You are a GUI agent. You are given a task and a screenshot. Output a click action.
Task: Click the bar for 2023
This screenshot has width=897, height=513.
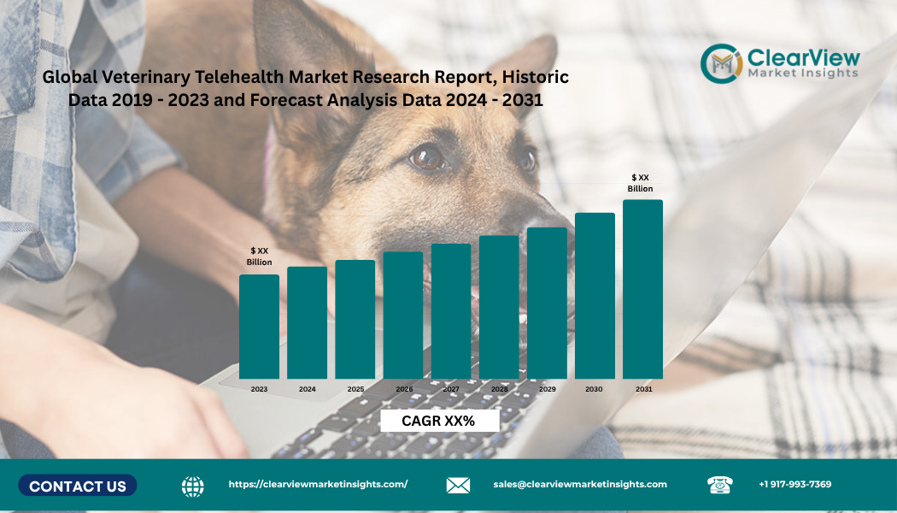(x=259, y=327)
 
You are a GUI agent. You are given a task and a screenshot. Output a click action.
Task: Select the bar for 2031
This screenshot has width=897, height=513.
(x=642, y=289)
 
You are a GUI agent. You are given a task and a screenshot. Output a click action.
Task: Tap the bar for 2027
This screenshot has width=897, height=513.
(x=451, y=311)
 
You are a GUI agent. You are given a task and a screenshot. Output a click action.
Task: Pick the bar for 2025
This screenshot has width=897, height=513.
(x=355, y=319)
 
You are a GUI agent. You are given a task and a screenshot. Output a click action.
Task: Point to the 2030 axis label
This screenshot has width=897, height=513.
(x=594, y=389)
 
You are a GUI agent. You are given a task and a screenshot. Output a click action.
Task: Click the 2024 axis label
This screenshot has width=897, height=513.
(x=307, y=389)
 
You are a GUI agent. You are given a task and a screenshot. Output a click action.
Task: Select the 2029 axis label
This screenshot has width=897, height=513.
(x=547, y=389)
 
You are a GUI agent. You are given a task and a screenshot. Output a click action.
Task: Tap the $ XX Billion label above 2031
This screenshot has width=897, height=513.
(x=641, y=183)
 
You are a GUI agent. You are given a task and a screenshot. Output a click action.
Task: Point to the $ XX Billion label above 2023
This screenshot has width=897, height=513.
(x=259, y=256)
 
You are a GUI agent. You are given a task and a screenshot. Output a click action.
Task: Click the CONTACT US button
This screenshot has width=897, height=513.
(x=78, y=486)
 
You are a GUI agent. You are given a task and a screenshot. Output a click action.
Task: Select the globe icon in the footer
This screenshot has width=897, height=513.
(x=193, y=486)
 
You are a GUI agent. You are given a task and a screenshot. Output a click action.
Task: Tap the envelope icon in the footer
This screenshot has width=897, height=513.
(x=458, y=486)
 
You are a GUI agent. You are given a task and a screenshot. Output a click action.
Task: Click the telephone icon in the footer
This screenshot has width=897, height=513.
(x=719, y=485)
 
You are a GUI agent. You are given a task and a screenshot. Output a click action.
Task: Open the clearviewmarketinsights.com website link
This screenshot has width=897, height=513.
(x=318, y=484)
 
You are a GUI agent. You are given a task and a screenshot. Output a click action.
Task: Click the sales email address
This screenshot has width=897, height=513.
(x=580, y=484)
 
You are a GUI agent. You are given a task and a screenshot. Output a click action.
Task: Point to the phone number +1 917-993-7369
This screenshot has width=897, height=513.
(x=794, y=484)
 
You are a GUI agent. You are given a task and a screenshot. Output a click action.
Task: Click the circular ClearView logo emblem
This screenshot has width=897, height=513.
(x=720, y=62)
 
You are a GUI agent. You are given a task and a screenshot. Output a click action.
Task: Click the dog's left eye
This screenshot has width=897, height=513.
(x=426, y=157)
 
